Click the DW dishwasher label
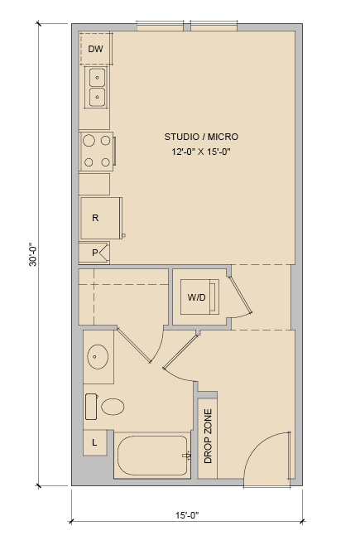(95, 49)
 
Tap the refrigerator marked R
(101, 218)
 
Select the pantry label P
(94, 253)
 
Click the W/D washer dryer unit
(199, 297)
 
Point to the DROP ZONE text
(208, 436)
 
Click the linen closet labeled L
(94, 442)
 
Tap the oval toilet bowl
(113, 407)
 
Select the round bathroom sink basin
(98, 357)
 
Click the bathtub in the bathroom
(152, 456)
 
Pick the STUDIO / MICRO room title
(201, 137)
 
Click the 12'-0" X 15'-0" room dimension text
(201, 152)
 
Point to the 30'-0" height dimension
(32, 254)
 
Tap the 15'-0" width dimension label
(187, 515)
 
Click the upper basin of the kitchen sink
(97, 78)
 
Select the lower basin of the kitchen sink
(97, 97)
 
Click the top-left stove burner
(89, 141)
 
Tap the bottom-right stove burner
(105, 162)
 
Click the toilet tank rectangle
(91, 407)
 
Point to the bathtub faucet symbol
(186, 456)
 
